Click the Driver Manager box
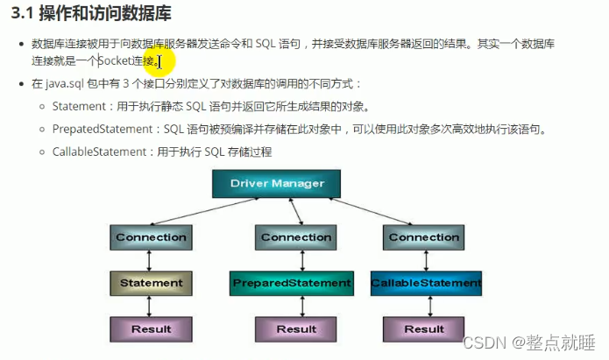click(x=277, y=184)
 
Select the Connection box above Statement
click(x=151, y=237)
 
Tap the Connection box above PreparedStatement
click(x=296, y=237)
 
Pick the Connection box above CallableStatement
click(x=424, y=237)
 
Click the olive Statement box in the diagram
click(x=151, y=283)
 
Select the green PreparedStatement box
click(x=292, y=283)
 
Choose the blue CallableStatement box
click(x=426, y=283)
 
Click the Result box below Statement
click(x=151, y=328)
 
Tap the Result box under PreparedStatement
click(x=296, y=328)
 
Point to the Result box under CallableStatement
click(x=424, y=328)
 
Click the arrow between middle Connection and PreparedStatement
click(x=296, y=260)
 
